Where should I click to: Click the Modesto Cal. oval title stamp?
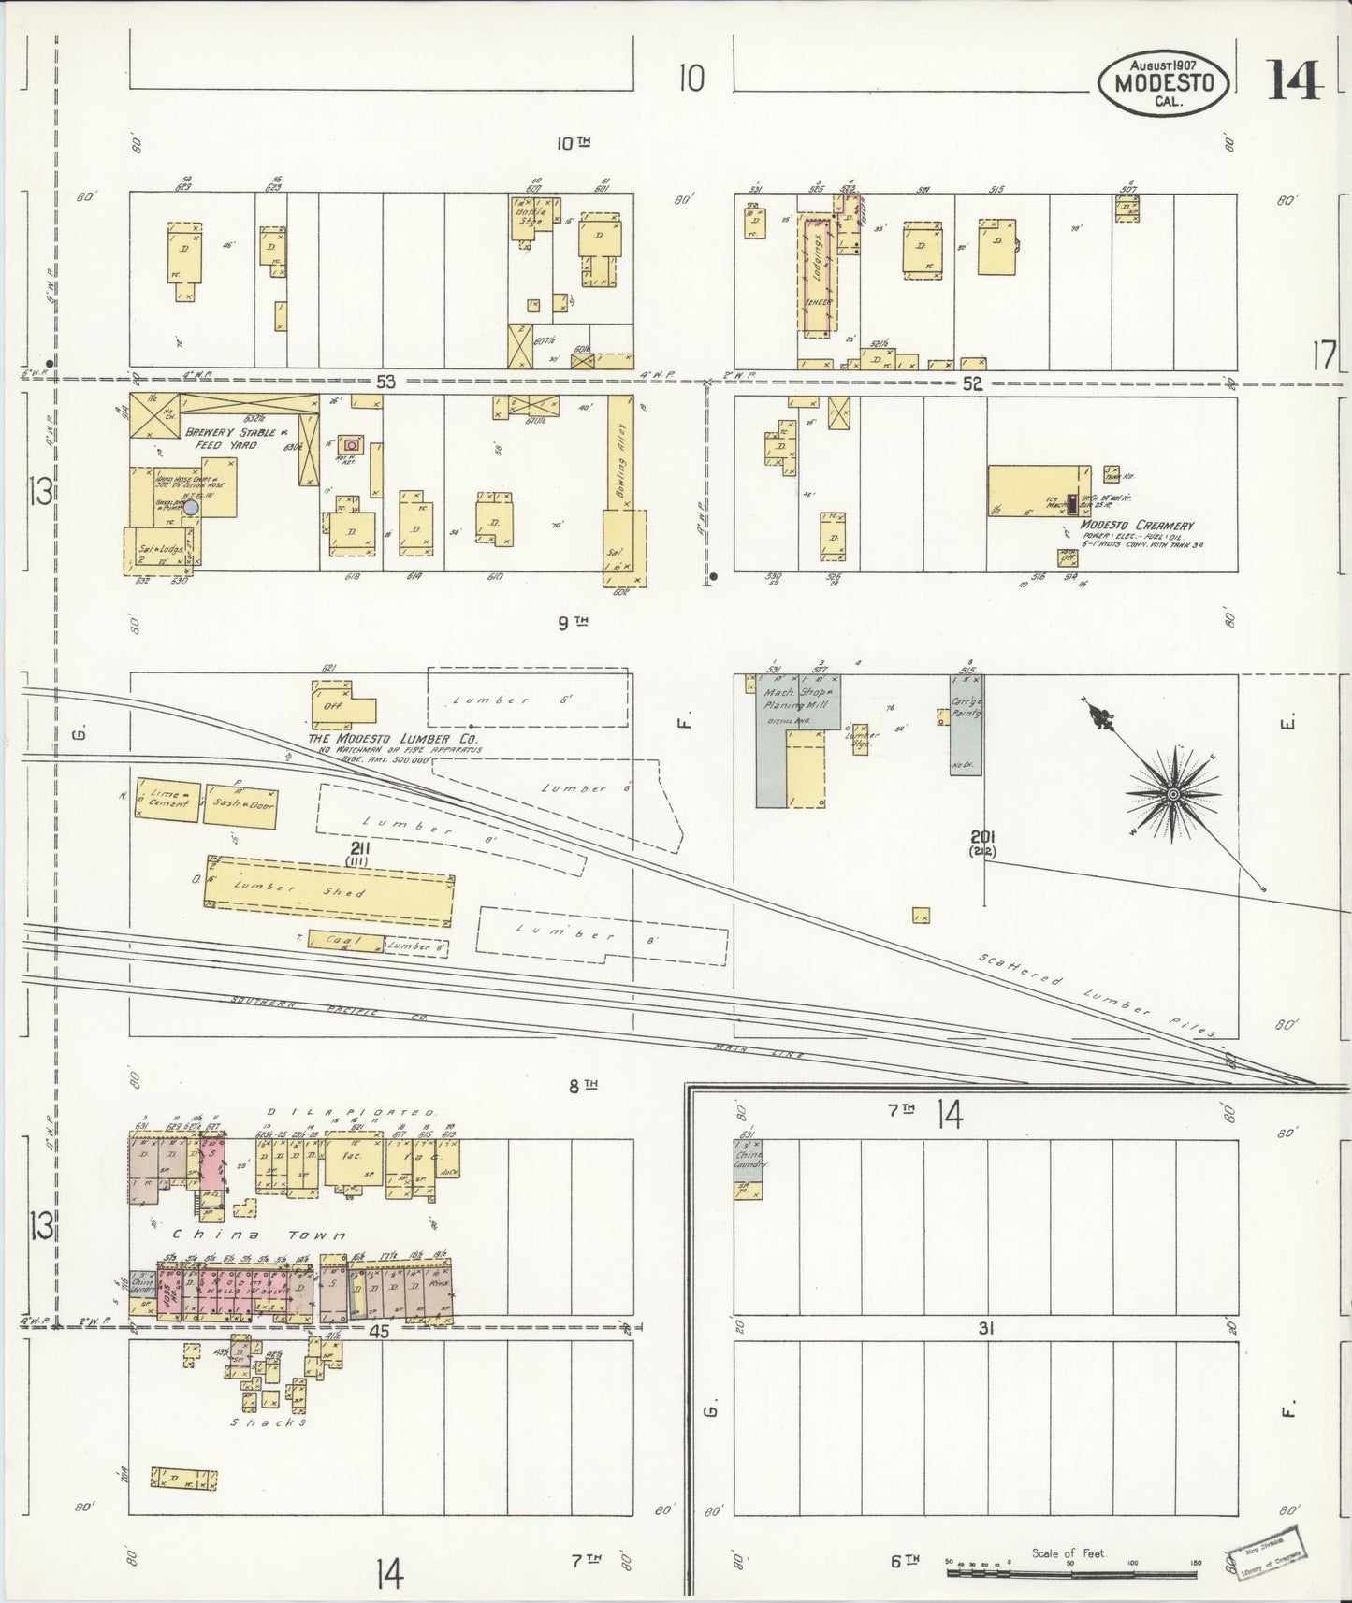(1163, 82)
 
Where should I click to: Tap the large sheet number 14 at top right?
(1294, 79)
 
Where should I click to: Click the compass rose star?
(1171, 794)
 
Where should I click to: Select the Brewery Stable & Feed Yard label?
(229, 439)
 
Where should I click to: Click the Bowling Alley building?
(620, 454)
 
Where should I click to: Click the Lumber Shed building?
(328, 891)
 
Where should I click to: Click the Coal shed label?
(328, 942)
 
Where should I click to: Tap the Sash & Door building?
(240, 805)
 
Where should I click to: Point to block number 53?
(386, 382)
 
